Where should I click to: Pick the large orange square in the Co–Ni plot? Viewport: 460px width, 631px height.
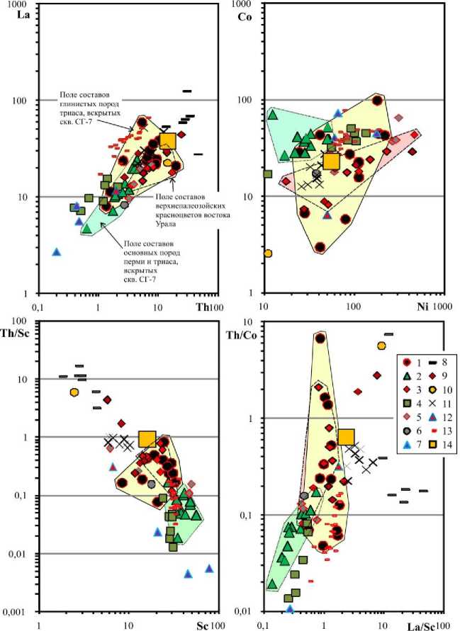click(331, 161)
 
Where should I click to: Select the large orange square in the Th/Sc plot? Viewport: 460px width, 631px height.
click(147, 439)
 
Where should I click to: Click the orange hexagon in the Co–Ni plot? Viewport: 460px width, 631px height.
click(267, 253)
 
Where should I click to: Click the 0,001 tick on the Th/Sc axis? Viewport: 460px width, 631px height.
click(14, 611)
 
